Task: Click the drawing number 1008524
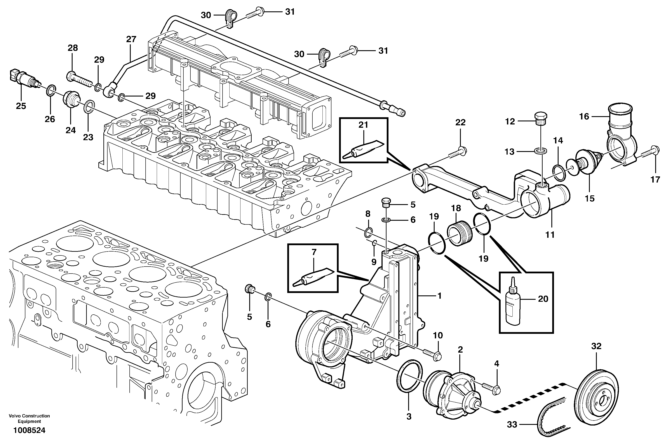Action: [x=29, y=430]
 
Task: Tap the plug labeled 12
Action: [x=541, y=118]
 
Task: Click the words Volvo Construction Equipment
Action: [x=29, y=419]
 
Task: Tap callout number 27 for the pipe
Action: [x=131, y=39]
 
